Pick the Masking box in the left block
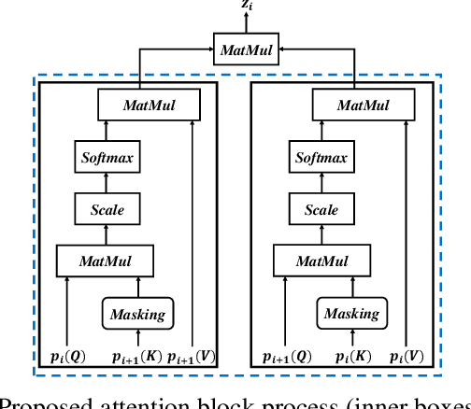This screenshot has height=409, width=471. [138, 315]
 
